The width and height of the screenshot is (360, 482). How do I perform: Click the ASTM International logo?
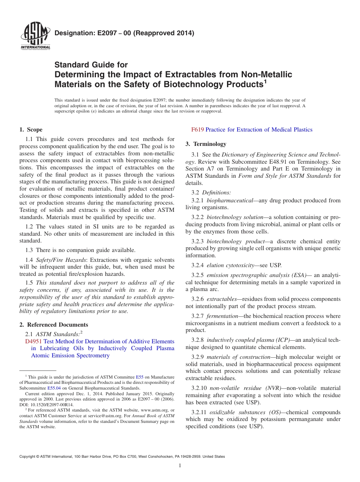[x=35, y=36]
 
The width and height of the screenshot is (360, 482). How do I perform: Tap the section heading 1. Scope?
[x=31, y=130]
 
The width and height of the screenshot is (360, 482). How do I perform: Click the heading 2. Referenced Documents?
[x=54, y=325]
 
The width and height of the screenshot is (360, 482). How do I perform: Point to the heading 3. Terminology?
[x=206, y=144]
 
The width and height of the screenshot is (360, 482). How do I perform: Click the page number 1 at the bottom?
[x=180, y=466]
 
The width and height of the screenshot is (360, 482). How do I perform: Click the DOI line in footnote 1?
[x=47, y=404]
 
